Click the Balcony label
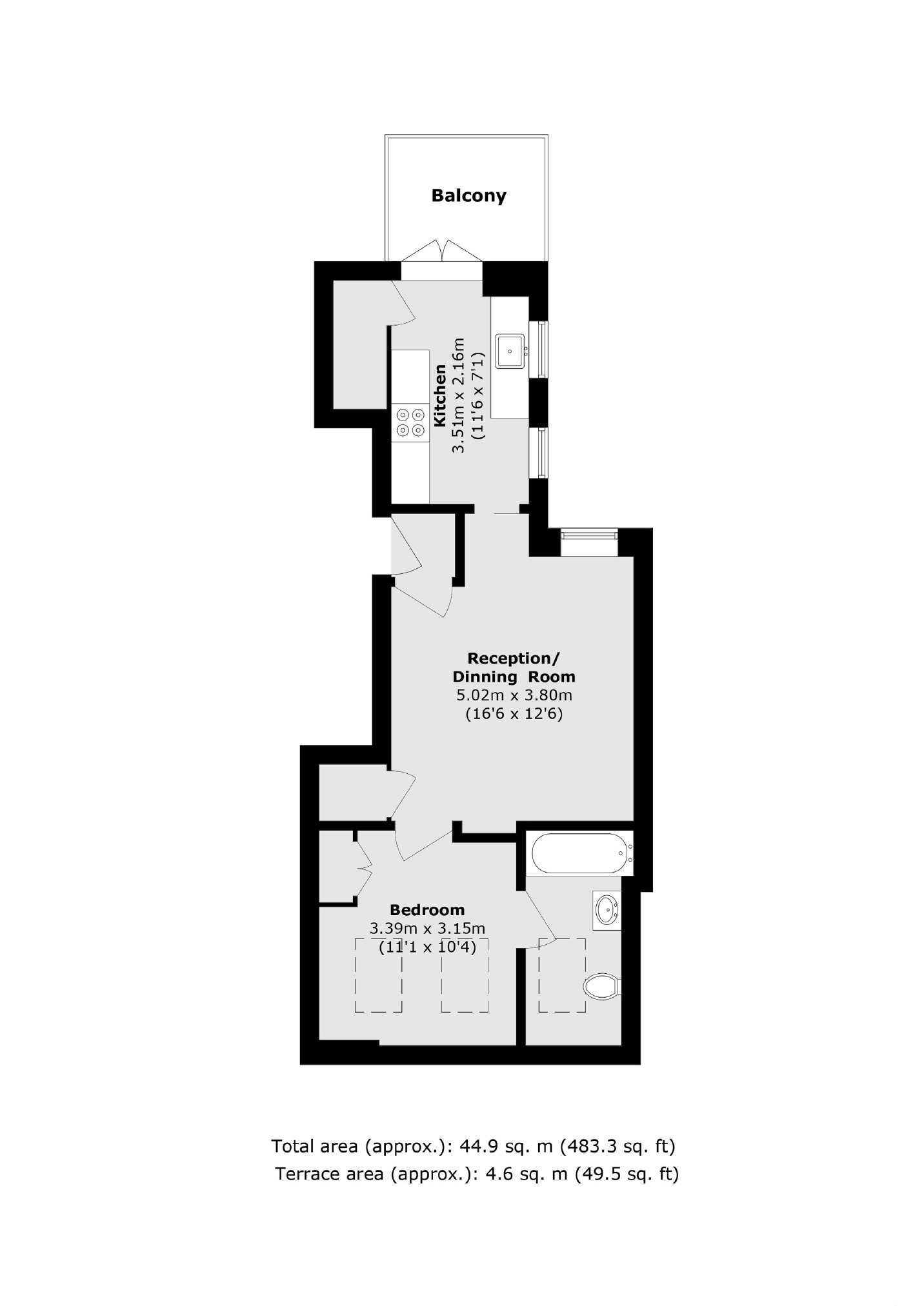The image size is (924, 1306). point(468,195)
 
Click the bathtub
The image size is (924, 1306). point(579,854)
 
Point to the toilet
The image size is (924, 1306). point(601,986)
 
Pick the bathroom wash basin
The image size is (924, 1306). point(607,910)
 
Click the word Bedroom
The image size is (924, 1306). point(427,910)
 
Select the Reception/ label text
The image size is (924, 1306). point(513,658)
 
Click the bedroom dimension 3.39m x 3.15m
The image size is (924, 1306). point(427,929)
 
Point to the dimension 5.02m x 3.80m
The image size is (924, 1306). point(514,695)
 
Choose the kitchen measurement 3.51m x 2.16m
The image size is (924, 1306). point(459,395)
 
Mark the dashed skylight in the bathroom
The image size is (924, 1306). point(561,976)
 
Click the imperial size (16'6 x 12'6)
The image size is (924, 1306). point(514,714)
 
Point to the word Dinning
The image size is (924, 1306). point(485,677)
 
